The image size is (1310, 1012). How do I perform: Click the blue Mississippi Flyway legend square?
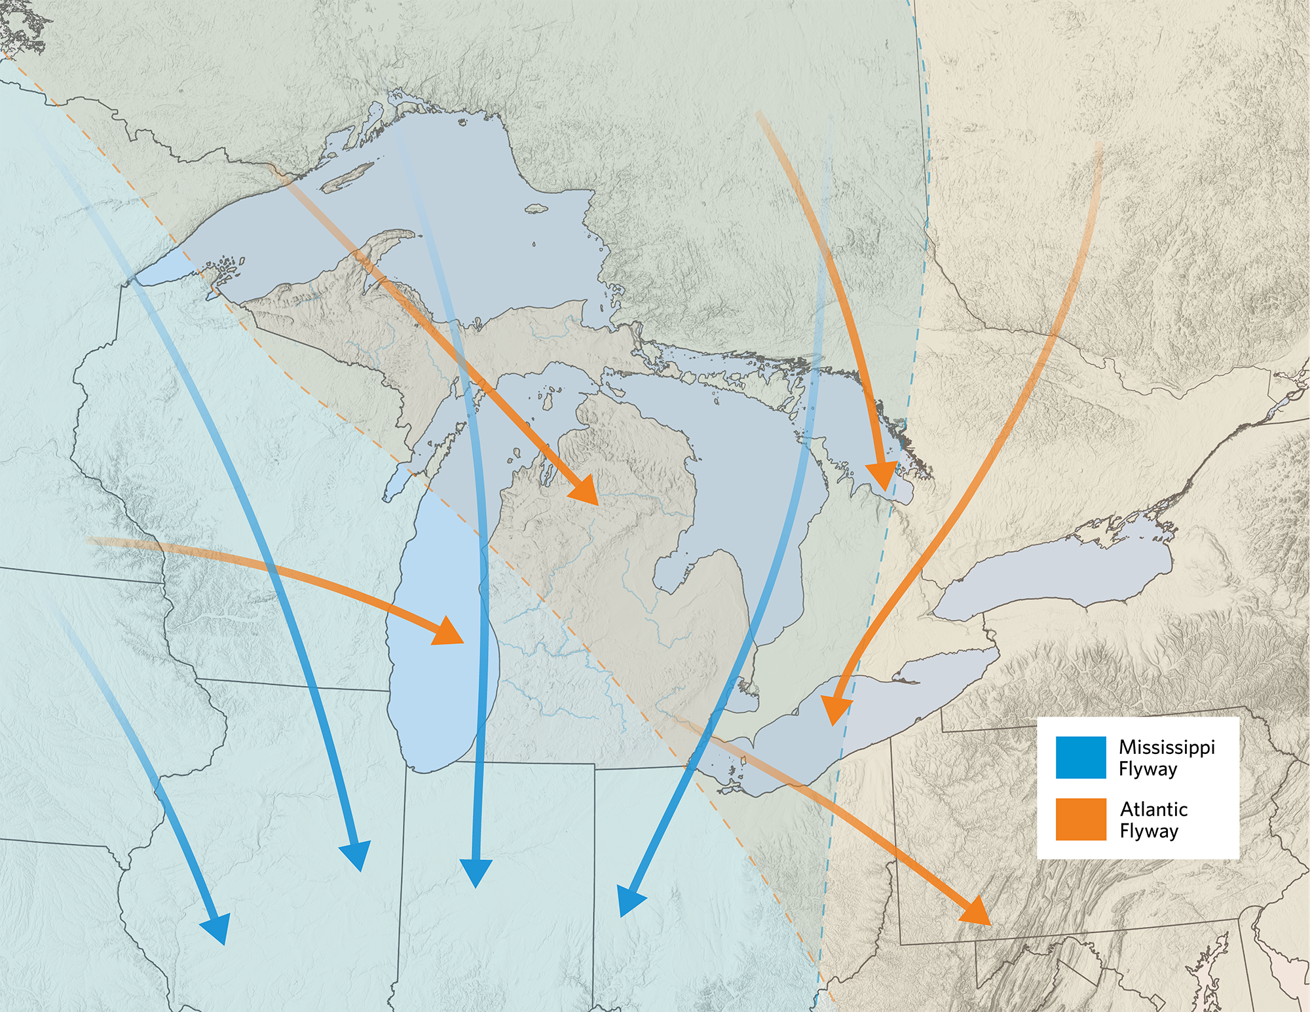[1080, 757]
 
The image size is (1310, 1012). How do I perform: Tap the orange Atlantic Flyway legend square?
[1080, 819]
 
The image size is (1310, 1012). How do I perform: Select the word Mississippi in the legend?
[1167, 747]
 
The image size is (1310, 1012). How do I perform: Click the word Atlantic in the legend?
[1153, 809]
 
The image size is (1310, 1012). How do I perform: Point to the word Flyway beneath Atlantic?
[1149, 831]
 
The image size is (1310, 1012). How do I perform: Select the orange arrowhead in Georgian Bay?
[882, 475]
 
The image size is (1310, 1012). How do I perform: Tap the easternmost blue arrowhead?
[629, 901]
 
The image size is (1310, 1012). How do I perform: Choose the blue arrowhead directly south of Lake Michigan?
[476, 872]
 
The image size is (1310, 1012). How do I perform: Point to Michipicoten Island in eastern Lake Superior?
[537, 208]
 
